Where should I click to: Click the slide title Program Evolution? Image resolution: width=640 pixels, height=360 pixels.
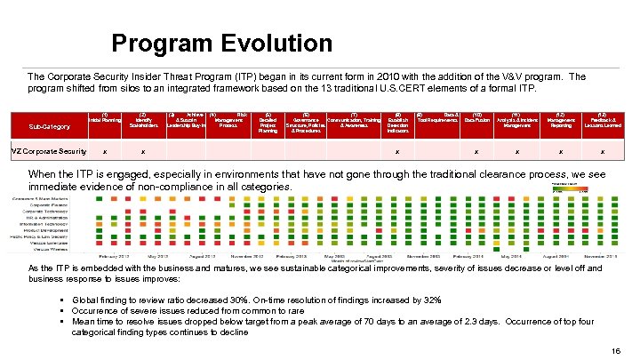[x=221, y=43]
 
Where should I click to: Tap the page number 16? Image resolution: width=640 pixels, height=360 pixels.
[x=617, y=352]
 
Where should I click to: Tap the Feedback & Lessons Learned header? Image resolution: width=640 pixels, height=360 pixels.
[x=602, y=120]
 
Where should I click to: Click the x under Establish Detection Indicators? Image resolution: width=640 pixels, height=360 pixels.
[x=397, y=152]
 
